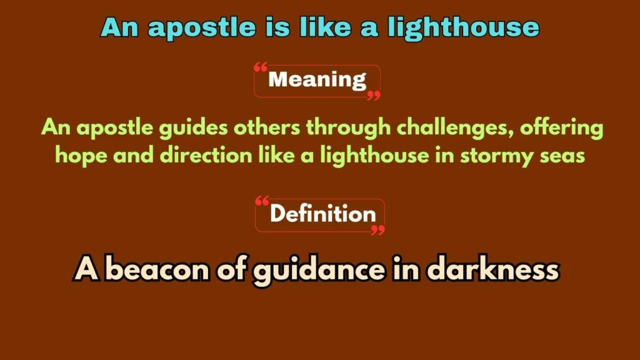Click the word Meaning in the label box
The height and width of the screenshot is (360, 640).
tap(317, 80)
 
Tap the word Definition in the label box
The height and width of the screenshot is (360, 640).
tap(322, 214)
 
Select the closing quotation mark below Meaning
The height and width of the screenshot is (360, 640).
tap(373, 96)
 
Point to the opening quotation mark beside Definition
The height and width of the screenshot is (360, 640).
tap(262, 201)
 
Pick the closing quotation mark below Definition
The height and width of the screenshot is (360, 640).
tap(377, 230)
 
